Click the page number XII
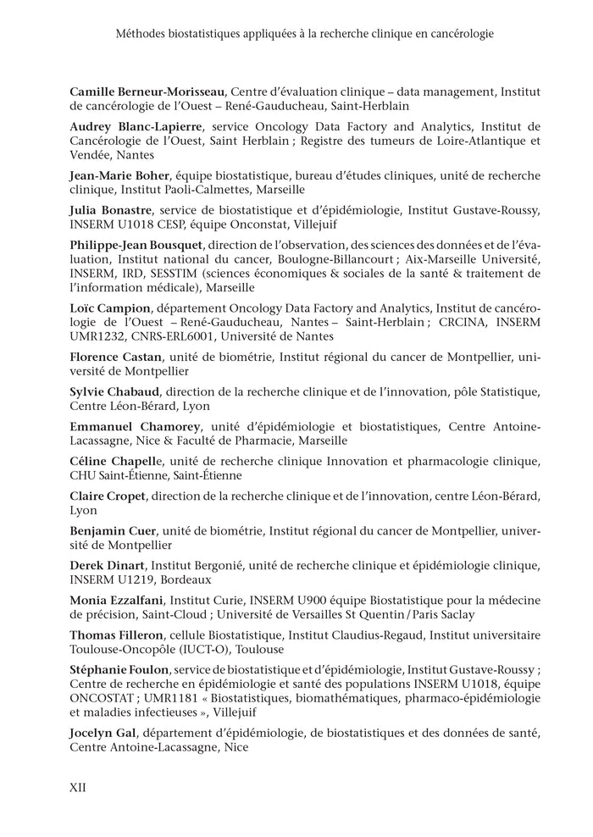coord(78,786)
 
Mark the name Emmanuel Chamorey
coord(131,426)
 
